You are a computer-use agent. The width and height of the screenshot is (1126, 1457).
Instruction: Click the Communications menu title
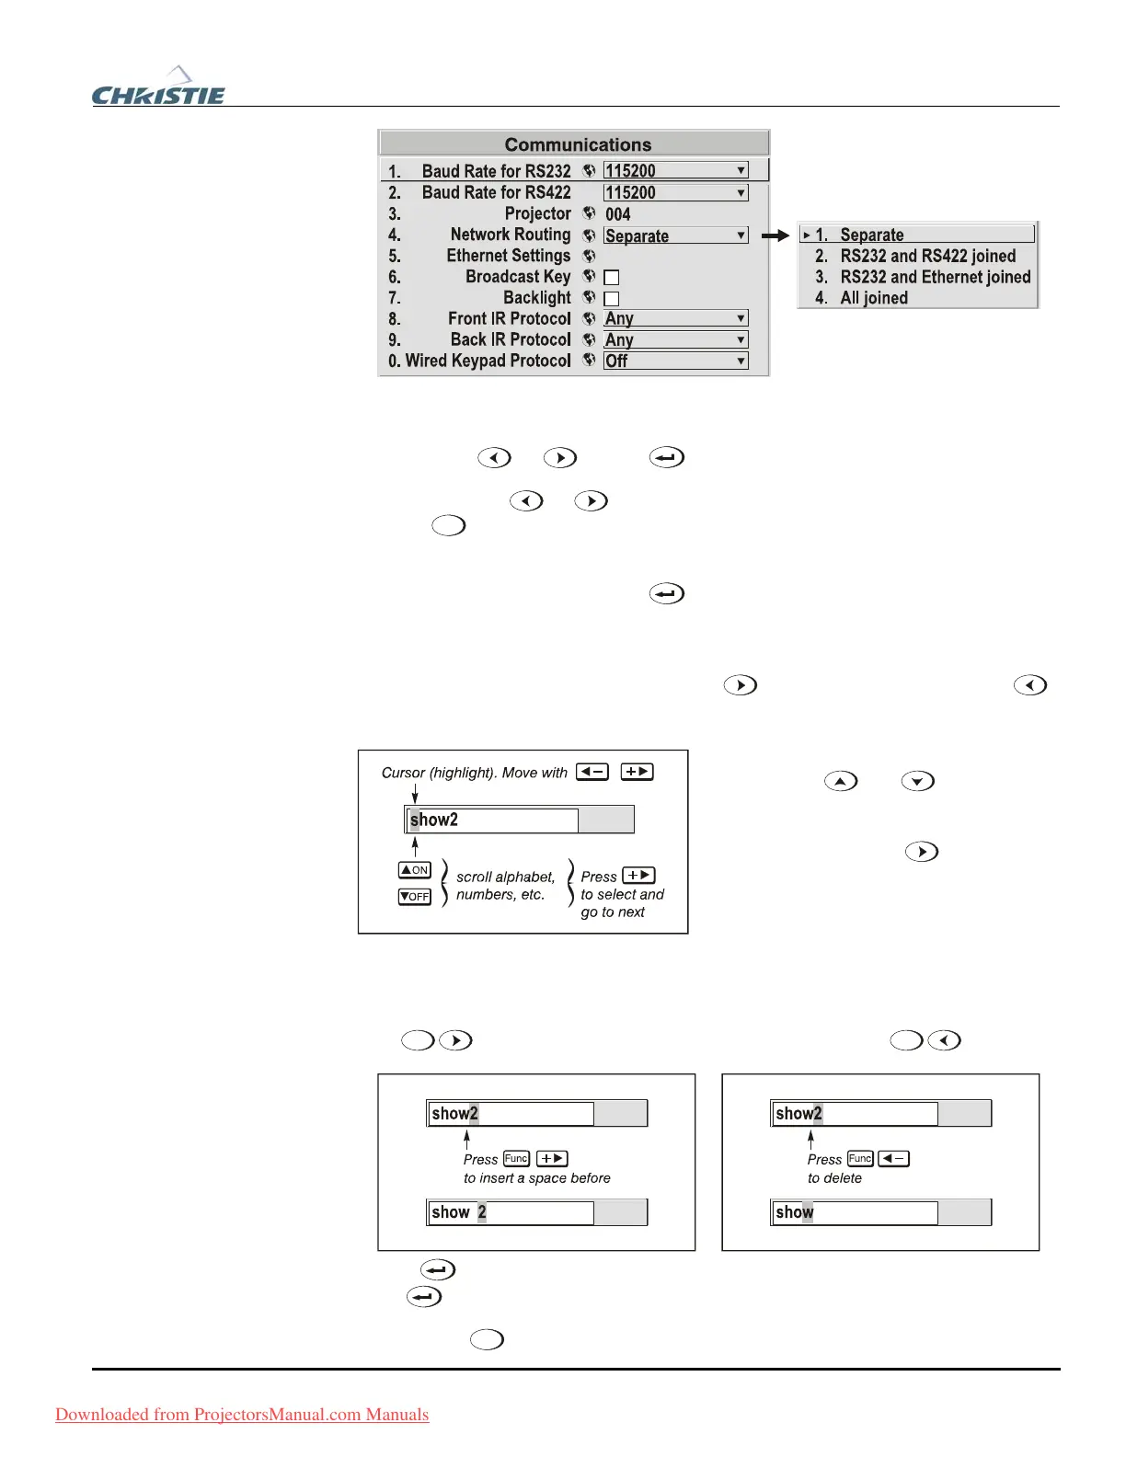pos(577,144)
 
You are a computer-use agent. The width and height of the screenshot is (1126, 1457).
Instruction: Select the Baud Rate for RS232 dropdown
pos(675,171)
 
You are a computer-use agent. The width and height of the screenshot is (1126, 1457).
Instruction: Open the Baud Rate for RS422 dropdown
pos(675,193)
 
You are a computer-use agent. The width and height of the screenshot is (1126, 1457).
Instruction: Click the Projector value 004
pos(618,214)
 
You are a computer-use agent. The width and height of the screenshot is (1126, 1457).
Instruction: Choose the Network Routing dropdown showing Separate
pos(675,235)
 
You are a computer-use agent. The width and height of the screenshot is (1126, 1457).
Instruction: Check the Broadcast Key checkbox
pos(612,278)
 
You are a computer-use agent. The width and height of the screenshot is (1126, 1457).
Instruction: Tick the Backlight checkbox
pos(612,299)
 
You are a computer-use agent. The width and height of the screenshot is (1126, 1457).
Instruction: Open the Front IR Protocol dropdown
pos(675,319)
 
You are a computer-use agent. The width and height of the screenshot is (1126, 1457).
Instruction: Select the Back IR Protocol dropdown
pos(675,340)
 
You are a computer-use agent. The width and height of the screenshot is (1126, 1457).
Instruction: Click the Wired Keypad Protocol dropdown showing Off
pos(675,361)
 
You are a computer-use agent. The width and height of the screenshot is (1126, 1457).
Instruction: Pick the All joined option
pos(874,298)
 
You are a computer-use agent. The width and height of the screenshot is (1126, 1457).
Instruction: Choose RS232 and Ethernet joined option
pos(935,277)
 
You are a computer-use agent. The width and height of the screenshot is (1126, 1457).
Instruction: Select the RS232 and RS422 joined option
pos(927,256)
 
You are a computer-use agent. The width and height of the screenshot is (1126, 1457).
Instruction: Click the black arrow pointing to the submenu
pos(776,235)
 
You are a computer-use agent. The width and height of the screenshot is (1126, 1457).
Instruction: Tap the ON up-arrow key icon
pos(415,870)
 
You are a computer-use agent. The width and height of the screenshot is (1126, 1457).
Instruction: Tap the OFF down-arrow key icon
pos(415,896)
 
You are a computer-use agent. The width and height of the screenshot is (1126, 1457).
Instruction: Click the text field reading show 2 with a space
pos(511,1212)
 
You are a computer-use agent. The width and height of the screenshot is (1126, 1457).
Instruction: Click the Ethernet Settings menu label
pos(508,256)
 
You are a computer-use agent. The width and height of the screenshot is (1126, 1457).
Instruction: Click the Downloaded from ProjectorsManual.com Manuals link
pos(242,1415)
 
